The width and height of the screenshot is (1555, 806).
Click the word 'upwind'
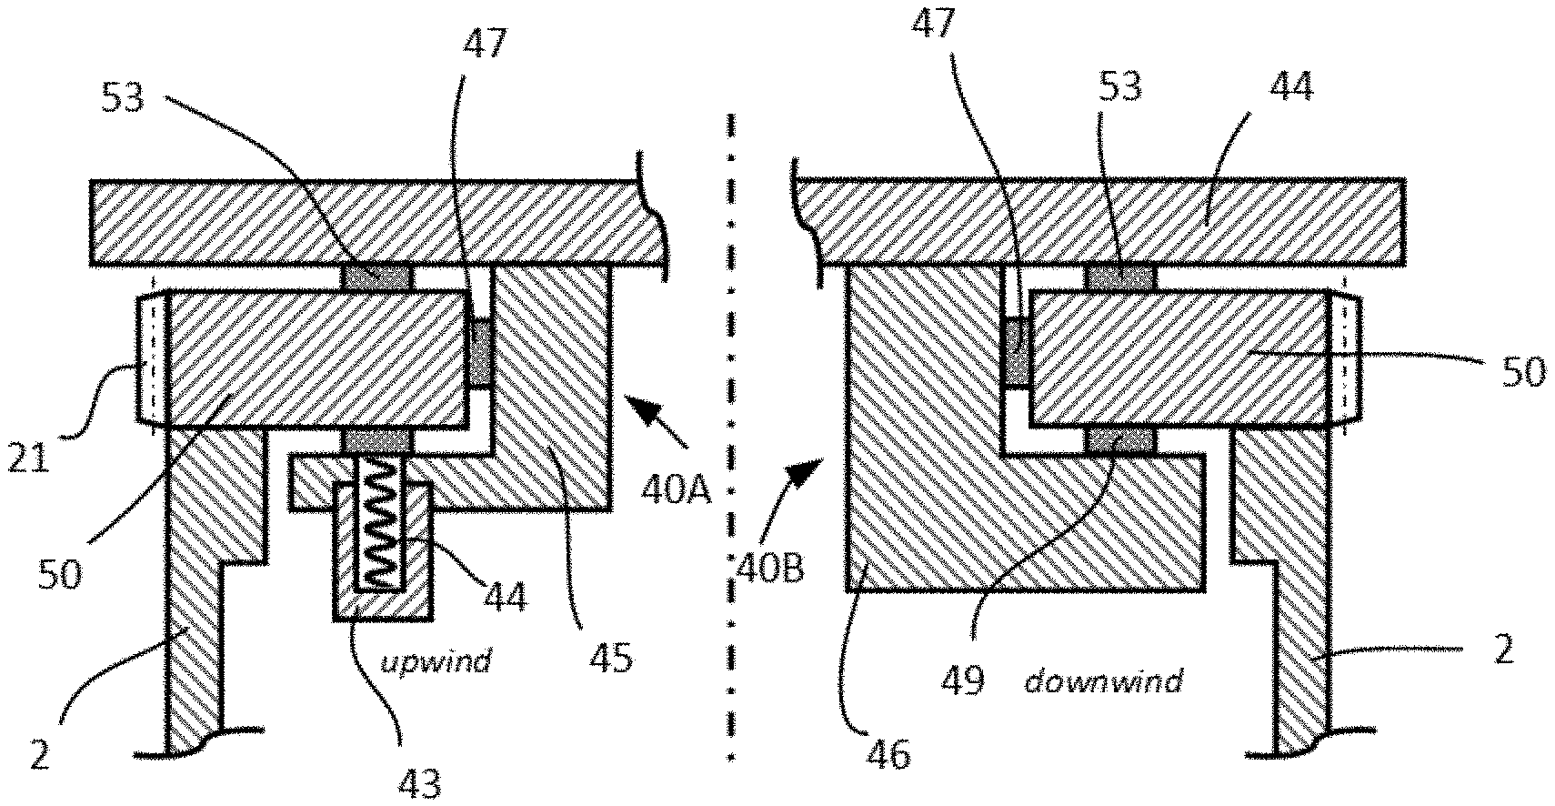pyautogui.click(x=436, y=660)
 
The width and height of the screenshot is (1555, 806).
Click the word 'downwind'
pyautogui.click(x=1103, y=681)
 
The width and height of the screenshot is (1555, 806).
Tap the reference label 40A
pyautogui.click(x=677, y=491)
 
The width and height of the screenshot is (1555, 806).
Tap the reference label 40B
pyautogui.click(x=770, y=569)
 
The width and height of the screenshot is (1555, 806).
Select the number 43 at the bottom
pyautogui.click(x=419, y=782)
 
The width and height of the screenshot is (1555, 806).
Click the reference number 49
pyautogui.click(x=963, y=680)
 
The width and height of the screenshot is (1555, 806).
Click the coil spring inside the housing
pyautogui.click(x=380, y=519)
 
